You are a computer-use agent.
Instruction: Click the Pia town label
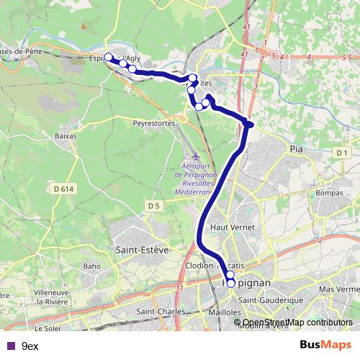click(x=296, y=149)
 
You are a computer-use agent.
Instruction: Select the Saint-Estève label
click(x=142, y=250)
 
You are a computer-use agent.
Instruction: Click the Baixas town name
click(x=66, y=135)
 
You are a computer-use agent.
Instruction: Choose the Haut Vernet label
click(x=228, y=227)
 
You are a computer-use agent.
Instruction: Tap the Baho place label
click(x=91, y=266)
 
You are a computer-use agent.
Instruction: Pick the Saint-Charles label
click(x=161, y=312)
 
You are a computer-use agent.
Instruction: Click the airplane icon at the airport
click(x=197, y=158)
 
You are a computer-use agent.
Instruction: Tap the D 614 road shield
click(x=64, y=189)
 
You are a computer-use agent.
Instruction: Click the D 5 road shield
click(x=152, y=206)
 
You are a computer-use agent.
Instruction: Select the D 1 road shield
click(x=342, y=153)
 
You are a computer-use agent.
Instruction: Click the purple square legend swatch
click(x=10, y=346)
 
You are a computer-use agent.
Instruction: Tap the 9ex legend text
click(x=30, y=346)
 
